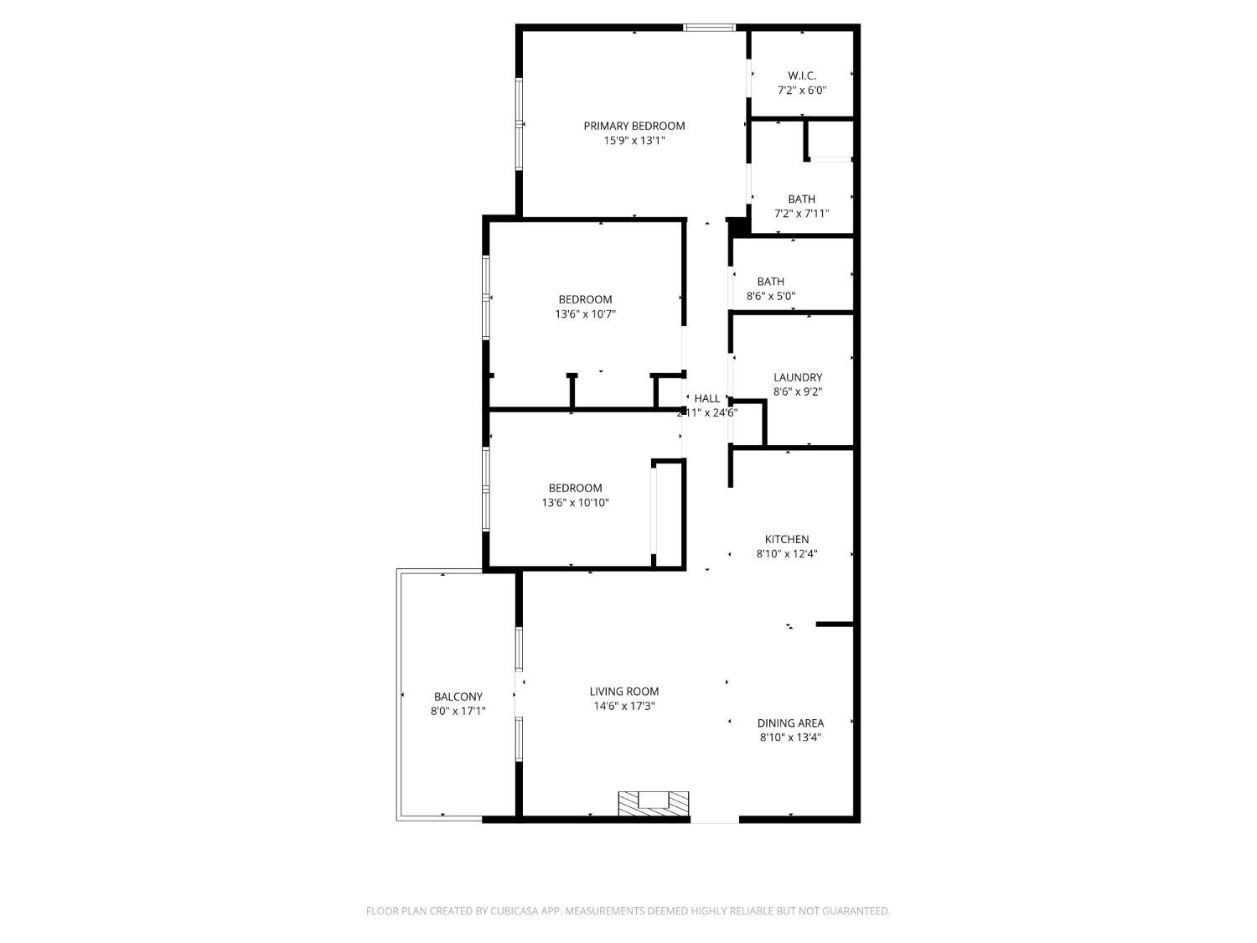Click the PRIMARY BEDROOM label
coord(634,126)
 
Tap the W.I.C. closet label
coord(802,75)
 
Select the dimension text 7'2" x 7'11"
coord(802,214)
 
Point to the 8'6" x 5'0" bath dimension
coord(771,296)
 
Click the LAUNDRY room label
coord(798,377)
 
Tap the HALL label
coord(707,398)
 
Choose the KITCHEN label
coord(787,539)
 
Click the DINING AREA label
coord(790,723)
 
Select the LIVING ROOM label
coord(624,692)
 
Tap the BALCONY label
coord(458,697)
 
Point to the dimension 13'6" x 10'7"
coord(586,314)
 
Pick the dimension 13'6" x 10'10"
coord(575,503)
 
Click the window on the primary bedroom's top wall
coord(710,28)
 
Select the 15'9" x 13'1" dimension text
coord(634,141)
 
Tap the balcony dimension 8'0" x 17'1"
coord(458,712)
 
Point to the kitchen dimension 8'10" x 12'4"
coord(787,554)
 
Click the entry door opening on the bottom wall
coord(715,819)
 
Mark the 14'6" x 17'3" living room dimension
coord(624,707)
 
